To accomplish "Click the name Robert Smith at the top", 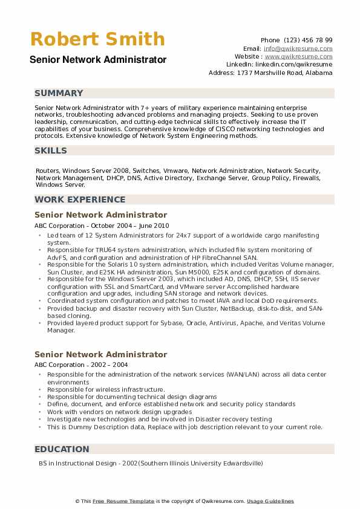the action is coord(97,39).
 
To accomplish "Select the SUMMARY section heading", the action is coord(59,93).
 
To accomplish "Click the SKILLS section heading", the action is coord(51,150).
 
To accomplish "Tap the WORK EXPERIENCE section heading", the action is coord(80,199).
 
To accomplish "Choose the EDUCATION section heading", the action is coord(62,449).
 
